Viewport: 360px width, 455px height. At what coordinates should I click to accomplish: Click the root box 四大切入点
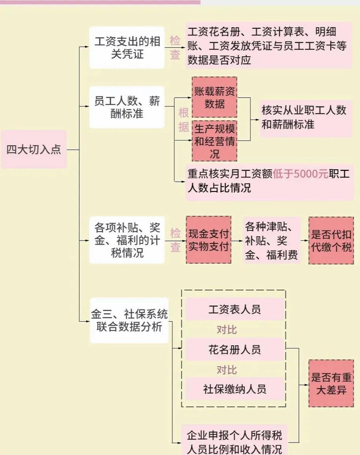[x=33, y=150]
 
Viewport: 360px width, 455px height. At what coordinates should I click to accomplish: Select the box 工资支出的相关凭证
[x=127, y=48]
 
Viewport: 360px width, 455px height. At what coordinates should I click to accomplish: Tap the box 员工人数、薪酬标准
[x=127, y=107]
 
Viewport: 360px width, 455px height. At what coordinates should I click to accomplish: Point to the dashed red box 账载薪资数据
[x=214, y=97]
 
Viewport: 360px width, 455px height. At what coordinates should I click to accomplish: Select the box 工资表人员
[x=235, y=310]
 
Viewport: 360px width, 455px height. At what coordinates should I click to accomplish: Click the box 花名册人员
[x=235, y=349]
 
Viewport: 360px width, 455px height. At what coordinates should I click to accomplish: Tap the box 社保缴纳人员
[x=235, y=389]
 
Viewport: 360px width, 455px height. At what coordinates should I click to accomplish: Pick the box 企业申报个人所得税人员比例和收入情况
[x=235, y=441]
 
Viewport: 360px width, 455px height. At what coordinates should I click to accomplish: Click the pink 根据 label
[x=183, y=120]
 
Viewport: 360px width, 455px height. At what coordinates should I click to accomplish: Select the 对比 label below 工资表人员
[x=227, y=330]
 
